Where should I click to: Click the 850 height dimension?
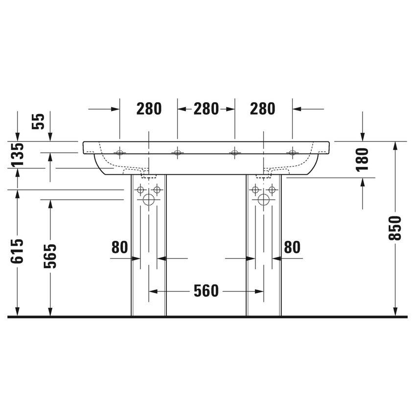(396, 228)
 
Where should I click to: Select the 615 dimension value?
(17, 251)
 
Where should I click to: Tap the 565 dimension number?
(50, 256)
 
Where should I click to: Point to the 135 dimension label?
(17, 154)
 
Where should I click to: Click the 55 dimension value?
(39, 121)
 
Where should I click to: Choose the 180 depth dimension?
(362, 159)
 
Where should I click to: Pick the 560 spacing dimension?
(206, 291)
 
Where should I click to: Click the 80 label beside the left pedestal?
(119, 248)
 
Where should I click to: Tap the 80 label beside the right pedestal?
(292, 248)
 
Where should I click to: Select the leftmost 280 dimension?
(149, 109)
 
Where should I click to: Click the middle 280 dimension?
(206, 109)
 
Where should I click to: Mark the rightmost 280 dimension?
(263, 109)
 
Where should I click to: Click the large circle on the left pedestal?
(148, 200)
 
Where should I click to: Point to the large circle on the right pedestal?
(263, 200)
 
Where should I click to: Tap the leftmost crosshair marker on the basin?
(119, 153)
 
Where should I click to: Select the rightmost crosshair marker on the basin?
(293, 153)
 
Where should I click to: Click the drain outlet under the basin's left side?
(146, 172)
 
